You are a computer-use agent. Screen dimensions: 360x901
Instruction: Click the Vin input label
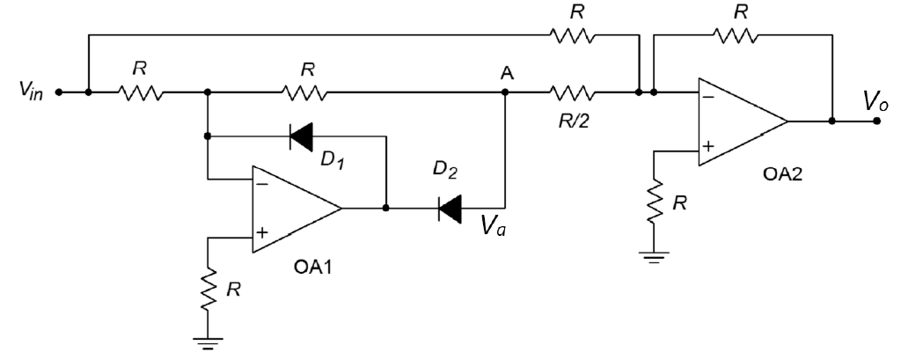click(x=27, y=92)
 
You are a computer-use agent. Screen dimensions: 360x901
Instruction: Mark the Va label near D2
click(x=493, y=229)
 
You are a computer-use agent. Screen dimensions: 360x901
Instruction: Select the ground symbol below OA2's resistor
click(x=653, y=259)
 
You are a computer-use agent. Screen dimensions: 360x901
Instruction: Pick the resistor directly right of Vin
click(x=140, y=91)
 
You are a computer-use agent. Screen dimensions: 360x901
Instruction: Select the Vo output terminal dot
click(x=875, y=121)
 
